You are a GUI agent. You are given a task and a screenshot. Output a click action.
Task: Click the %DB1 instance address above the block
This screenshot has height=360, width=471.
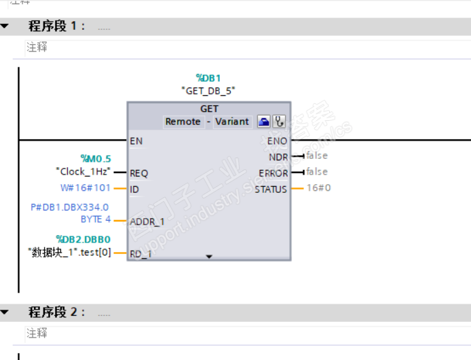coord(208,78)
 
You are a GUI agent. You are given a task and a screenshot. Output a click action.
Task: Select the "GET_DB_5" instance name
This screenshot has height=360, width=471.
coord(208,90)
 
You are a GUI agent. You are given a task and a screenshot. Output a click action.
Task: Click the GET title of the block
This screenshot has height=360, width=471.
coord(209,109)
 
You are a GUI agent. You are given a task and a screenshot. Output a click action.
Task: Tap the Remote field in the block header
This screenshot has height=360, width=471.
coord(183,122)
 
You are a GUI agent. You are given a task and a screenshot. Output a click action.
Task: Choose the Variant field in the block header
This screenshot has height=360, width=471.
coord(232,122)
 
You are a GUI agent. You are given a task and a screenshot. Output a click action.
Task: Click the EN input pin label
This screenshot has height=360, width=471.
coord(136,141)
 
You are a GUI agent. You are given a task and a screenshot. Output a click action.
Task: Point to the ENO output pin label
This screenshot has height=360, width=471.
coord(277,141)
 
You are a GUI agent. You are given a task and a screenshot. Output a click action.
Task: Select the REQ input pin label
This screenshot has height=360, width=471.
coord(138,173)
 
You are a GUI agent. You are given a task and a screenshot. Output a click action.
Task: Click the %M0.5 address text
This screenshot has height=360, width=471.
coord(96,159)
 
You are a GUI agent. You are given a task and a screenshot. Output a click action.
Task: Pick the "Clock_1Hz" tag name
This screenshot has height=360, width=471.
coord(83,171)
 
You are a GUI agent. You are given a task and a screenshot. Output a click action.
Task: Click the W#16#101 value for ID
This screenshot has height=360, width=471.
coord(85,187)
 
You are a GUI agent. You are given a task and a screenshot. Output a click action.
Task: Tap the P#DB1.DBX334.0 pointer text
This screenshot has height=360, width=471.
coord(69,207)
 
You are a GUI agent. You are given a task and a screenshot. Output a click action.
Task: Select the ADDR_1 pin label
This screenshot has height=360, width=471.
coord(147,221)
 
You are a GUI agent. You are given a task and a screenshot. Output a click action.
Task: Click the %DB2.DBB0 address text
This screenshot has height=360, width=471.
coord(83,239)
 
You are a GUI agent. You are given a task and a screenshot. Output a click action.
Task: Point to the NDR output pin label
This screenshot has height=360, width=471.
coord(278,157)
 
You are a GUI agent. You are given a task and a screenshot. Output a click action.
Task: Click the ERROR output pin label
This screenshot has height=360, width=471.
coord(274,173)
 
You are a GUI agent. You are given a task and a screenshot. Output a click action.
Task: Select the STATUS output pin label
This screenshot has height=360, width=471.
coord(271,189)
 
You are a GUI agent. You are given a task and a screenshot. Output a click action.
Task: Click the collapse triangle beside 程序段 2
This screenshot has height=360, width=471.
coord(5,312)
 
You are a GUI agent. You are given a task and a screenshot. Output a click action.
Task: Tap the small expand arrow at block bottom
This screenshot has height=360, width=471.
coord(209,257)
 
